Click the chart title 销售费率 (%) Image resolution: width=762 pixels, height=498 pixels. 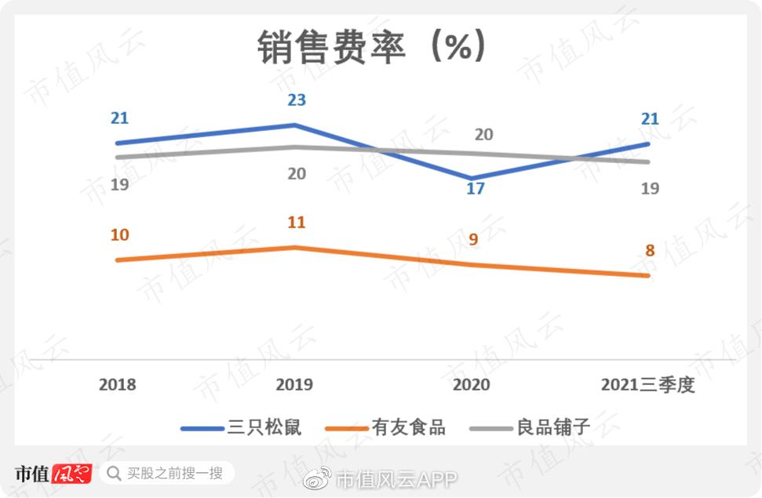click(373, 48)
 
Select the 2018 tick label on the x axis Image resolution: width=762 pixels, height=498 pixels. click(117, 385)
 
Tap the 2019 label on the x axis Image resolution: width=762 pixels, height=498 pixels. click(294, 385)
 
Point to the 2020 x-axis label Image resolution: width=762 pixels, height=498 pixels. click(472, 385)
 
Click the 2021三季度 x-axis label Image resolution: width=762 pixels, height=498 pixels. click(648, 385)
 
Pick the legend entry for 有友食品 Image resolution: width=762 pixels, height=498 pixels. click(409, 427)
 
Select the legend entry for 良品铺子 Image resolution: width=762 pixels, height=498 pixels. click(552, 427)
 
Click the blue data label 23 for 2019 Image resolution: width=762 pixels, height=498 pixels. click(297, 100)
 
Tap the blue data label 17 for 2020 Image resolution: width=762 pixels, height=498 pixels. click(475, 189)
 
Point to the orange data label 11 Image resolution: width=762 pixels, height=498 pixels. click(296, 223)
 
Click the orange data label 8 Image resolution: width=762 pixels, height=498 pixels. click(650, 251)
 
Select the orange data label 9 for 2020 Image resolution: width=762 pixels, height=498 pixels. click(473, 240)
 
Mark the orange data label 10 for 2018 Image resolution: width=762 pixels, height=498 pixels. click(119, 235)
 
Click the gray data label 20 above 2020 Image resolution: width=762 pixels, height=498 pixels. click(483, 135)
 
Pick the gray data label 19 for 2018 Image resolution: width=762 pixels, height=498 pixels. click(119, 185)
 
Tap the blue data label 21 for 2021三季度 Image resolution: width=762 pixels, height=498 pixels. click(650, 119)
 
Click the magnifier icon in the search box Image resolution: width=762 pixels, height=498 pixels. click(115, 474)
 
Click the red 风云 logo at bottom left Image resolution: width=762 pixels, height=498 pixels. click(72, 474)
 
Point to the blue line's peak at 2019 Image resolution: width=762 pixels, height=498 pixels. click(294, 125)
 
